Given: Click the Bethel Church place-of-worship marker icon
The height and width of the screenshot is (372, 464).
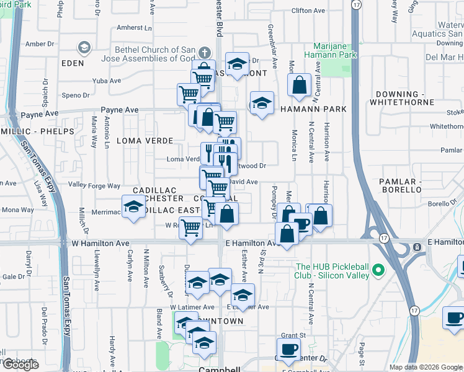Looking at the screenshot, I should pos(83,48).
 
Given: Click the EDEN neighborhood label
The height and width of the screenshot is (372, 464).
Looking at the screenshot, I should pos(73,63).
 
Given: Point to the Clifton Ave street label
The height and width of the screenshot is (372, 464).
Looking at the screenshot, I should pos(308,11).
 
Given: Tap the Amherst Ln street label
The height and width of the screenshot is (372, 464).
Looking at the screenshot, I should pos(135,28).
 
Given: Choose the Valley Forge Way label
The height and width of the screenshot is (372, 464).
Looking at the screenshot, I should pos(94,185).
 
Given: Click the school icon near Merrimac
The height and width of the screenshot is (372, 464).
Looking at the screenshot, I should pos(133,208).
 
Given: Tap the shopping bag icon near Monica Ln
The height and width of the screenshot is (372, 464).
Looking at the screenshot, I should pos(300,87).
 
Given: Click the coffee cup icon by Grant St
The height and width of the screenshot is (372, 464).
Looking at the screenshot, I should pos(287,348).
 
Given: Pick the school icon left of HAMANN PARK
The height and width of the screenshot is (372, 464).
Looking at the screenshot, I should pos(262,103).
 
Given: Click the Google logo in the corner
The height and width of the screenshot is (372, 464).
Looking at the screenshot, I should pos(20,365).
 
